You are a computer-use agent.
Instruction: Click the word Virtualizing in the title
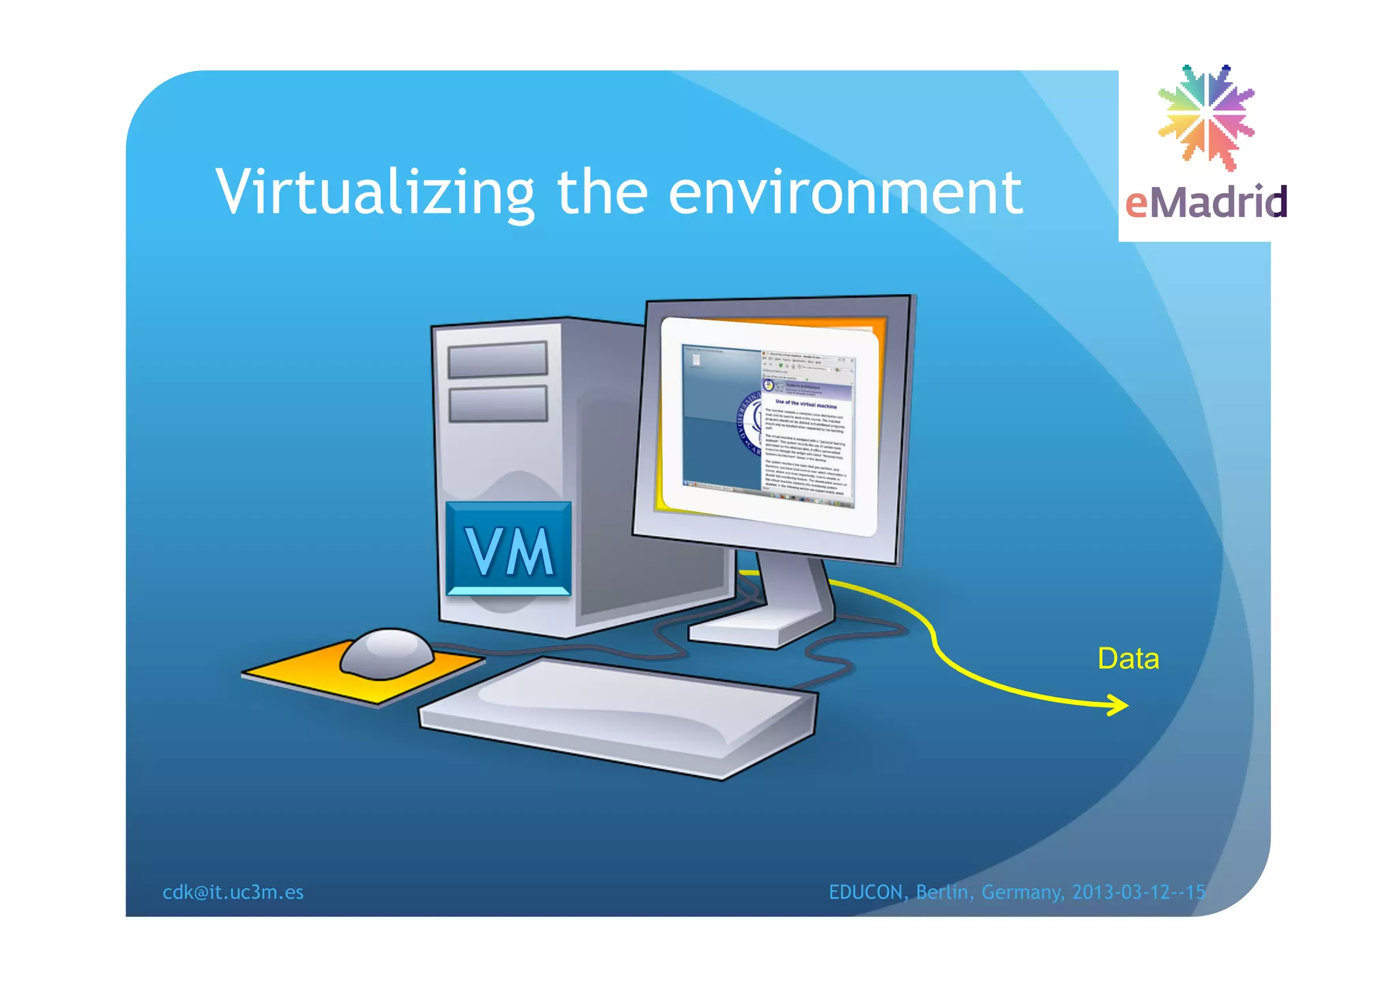[374, 193]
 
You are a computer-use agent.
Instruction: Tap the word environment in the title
[845, 193]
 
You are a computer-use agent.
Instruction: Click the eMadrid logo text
[1205, 203]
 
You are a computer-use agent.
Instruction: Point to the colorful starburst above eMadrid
[1206, 117]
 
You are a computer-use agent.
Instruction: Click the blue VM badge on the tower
[508, 550]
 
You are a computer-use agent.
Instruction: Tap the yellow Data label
[1128, 659]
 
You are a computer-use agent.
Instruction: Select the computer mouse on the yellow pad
[387, 653]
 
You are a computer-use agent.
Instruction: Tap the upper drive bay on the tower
[497, 359]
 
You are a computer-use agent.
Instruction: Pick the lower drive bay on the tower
[498, 404]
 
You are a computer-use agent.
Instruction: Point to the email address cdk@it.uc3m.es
[233, 892]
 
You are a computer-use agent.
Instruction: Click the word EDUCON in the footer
[866, 892]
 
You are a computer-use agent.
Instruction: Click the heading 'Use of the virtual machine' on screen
[806, 404]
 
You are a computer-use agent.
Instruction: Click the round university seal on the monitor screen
[750, 423]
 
